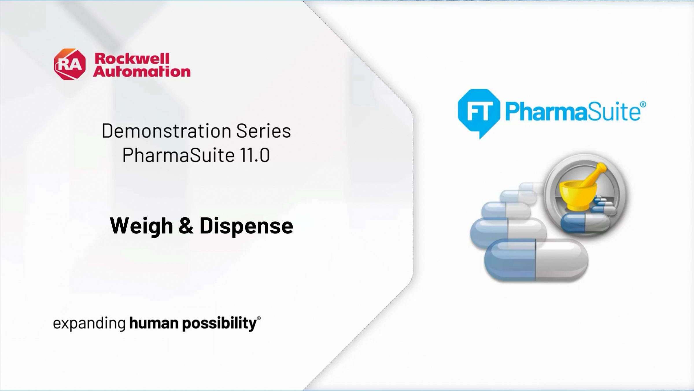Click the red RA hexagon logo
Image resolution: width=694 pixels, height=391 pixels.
coord(70,64)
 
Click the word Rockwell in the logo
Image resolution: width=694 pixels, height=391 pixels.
coord(132,59)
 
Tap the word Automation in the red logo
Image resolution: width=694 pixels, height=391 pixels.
coord(142,72)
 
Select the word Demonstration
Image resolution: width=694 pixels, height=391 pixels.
coord(167,131)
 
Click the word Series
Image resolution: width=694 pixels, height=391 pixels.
coord(263,131)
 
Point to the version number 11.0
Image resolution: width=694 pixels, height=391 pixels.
coord(254,155)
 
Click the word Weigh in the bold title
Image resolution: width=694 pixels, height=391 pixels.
coord(141,226)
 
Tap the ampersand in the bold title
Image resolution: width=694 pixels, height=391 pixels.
coord(186,225)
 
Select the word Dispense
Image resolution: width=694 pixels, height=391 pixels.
coord(246,226)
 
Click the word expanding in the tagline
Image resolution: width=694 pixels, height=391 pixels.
coord(89,323)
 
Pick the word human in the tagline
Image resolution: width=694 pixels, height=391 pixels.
coord(154,323)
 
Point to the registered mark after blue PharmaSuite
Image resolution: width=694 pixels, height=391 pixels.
coord(643,104)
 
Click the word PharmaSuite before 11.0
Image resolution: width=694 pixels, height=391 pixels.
coord(178,155)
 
